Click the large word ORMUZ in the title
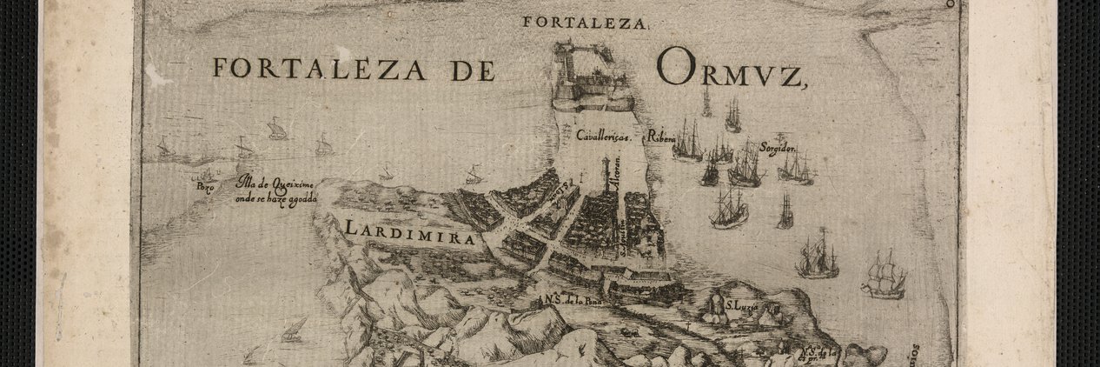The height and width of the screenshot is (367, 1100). pos(732,69)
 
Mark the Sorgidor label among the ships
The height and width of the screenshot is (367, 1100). pos(779,145)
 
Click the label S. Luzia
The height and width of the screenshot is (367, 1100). pos(742,306)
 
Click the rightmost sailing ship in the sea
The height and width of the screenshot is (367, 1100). pos(885,276)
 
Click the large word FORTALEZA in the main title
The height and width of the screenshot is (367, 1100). pos(321,69)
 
